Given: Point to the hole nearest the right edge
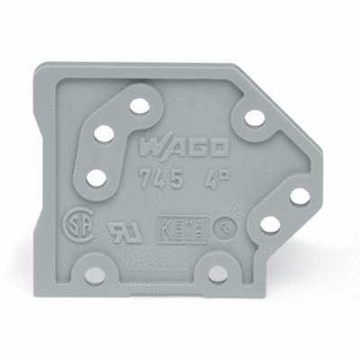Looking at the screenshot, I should click(x=300, y=196).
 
